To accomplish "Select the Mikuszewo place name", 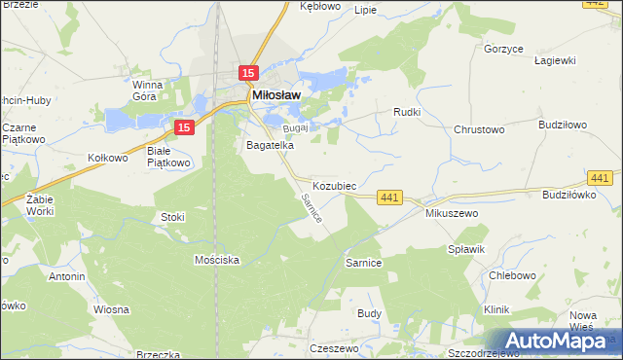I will pyautogui.click(x=448, y=212).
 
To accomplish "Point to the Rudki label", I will pyautogui.click(x=406, y=112).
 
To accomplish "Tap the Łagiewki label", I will pyautogui.click(x=555, y=60).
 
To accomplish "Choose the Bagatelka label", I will pyautogui.click(x=270, y=145).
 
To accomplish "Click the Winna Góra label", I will pyautogui.click(x=152, y=90).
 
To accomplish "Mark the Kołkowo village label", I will pyautogui.click(x=108, y=158).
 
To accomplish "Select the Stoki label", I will pyautogui.click(x=172, y=217).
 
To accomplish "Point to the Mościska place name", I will pyautogui.click(x=216, y=261).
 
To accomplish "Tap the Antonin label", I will pyautogui.click(x=66, y=276).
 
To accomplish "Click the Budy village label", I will pyautogui.click(x=369, y=313).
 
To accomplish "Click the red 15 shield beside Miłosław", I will pyautogui.click(x=248, y=73).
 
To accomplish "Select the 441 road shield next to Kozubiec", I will pyautogui.click(x=389, y=198).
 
